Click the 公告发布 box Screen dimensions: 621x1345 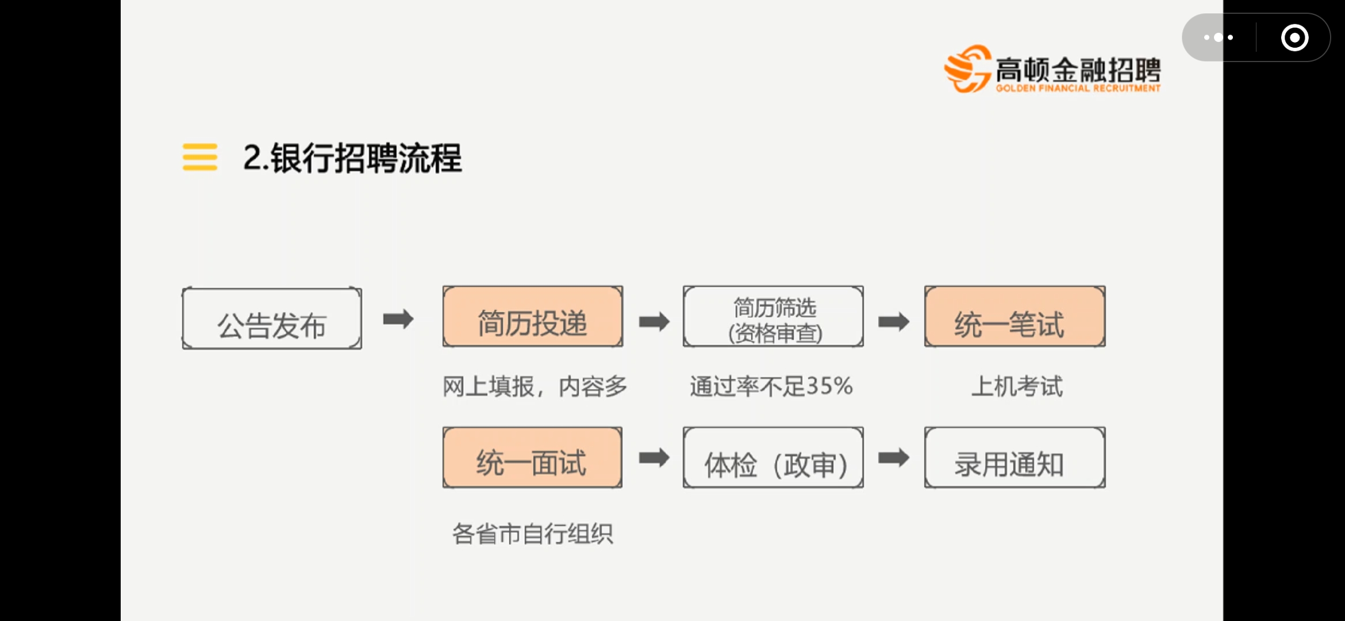[x=272, y=319]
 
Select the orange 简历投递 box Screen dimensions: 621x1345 [x=532, y=317]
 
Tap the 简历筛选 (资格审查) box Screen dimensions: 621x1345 [x=773, y=317]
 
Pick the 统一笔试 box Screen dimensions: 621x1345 [x=1014, y=317]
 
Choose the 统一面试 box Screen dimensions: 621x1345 [x=532, y=458]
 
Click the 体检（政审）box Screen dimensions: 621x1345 [x=773, y=458]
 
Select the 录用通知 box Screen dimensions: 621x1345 [x=1014, y=458]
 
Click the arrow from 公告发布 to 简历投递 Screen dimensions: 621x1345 [x=398, y=319]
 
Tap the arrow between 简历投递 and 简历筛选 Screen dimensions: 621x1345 [x=654, y=321]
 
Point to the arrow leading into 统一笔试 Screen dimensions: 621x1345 [x=894, y=321]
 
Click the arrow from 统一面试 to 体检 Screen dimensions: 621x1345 [x=654, y=458]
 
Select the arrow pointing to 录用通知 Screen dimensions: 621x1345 [x=894, y=458]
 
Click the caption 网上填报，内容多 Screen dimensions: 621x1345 [x=535, y=386]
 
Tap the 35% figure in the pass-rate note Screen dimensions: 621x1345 [x=829, y=386]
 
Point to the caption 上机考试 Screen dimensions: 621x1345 [x=1017, y=386]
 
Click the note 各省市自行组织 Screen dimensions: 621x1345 [x=532, y=534]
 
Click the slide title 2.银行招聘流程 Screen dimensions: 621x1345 [x=352, y=158]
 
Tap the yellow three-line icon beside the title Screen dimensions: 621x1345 [x=200, y=157]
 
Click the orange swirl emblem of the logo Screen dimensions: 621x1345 [x=967, y=70]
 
